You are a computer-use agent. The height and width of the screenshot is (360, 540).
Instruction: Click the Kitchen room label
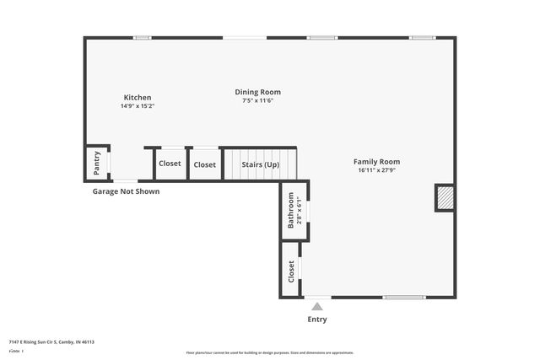138,98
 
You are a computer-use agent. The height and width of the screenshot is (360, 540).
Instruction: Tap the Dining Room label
257,92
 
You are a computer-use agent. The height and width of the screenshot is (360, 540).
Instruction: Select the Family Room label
376,162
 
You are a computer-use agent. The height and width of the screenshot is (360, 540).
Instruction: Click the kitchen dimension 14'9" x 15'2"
138,106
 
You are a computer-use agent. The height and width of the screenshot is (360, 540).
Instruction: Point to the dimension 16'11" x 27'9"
376,170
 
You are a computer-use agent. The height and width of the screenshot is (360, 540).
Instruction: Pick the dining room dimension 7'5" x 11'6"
257,100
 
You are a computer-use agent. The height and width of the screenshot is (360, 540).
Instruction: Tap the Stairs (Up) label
260,164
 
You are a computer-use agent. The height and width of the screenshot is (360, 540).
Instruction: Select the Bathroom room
291,210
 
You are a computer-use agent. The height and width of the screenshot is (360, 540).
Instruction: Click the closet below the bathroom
291,271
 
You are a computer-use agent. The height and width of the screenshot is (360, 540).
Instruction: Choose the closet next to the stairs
204,164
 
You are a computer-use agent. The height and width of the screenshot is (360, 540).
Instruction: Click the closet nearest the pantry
170,164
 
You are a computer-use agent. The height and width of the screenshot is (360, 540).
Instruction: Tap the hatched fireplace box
444,198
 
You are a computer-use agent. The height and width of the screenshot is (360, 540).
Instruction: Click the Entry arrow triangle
317,307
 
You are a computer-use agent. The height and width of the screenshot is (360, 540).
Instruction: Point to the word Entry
317,320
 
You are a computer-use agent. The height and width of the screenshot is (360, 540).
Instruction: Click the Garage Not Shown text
126,191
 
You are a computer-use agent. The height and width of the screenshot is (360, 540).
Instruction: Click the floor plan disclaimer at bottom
270,352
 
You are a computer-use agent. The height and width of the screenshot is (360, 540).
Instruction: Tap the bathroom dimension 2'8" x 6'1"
299,210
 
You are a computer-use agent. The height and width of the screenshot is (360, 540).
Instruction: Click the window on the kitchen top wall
143,37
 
